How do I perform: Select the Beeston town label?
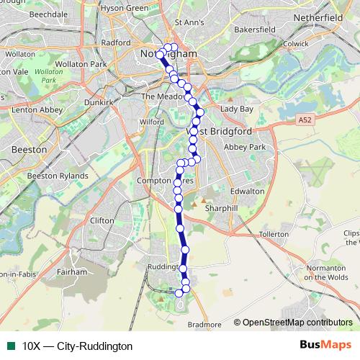30,149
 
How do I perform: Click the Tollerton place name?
273,235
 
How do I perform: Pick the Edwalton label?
248,192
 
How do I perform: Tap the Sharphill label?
220,207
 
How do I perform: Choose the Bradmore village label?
204,325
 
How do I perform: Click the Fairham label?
71,273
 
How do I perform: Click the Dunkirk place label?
99,102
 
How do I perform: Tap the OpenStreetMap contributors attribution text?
297,323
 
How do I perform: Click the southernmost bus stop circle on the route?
179,293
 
